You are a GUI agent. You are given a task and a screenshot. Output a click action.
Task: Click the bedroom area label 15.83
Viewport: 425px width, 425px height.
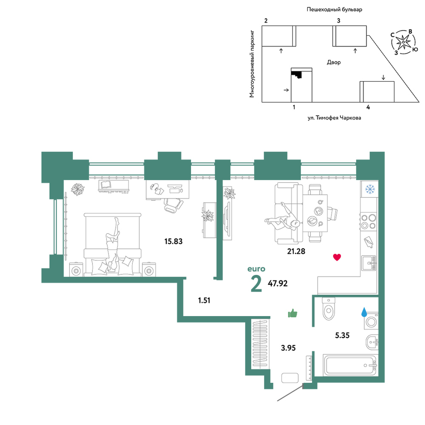pos(173,241)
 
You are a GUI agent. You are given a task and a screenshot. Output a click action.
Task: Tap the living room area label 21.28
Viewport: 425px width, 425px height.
pos(296,251)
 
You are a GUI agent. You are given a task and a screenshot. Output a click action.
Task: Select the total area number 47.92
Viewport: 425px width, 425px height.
pos(278,283)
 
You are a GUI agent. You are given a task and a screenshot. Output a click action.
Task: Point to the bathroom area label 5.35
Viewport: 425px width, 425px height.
pos(342,336)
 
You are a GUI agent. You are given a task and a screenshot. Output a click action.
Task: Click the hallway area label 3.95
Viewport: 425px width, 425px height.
pos(288,348)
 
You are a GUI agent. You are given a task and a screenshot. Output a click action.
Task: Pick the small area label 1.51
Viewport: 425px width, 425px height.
pos(204,300)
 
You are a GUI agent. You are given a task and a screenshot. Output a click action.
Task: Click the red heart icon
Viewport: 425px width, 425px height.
pos(337,257)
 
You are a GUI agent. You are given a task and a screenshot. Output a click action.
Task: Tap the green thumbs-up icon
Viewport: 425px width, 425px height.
pos(292,313)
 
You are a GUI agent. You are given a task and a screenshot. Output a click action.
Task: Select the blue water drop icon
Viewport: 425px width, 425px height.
pos(364,312)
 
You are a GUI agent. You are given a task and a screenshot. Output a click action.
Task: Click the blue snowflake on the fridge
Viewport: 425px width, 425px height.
pos(370,189)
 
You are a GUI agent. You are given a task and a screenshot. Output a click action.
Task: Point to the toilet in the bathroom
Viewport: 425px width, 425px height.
pos(329,309)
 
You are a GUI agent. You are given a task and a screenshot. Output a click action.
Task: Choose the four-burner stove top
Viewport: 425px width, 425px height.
pos(368,222)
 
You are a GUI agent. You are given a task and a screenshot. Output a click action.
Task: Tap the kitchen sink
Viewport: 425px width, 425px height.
pos(369,263)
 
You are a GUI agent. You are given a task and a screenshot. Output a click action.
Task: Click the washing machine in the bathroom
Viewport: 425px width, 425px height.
pos(371,322)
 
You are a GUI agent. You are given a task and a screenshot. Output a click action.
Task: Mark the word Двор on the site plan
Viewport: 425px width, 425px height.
pos(334,62)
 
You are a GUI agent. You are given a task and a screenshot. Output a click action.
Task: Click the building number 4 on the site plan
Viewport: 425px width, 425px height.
pos(368,107)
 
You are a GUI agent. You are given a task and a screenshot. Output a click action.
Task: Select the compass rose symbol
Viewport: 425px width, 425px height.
pos(404,42)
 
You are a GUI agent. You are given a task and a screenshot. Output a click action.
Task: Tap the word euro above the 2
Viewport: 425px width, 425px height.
pos(256,269)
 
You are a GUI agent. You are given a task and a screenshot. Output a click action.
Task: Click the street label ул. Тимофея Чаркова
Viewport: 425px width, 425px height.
pos(334,118)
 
